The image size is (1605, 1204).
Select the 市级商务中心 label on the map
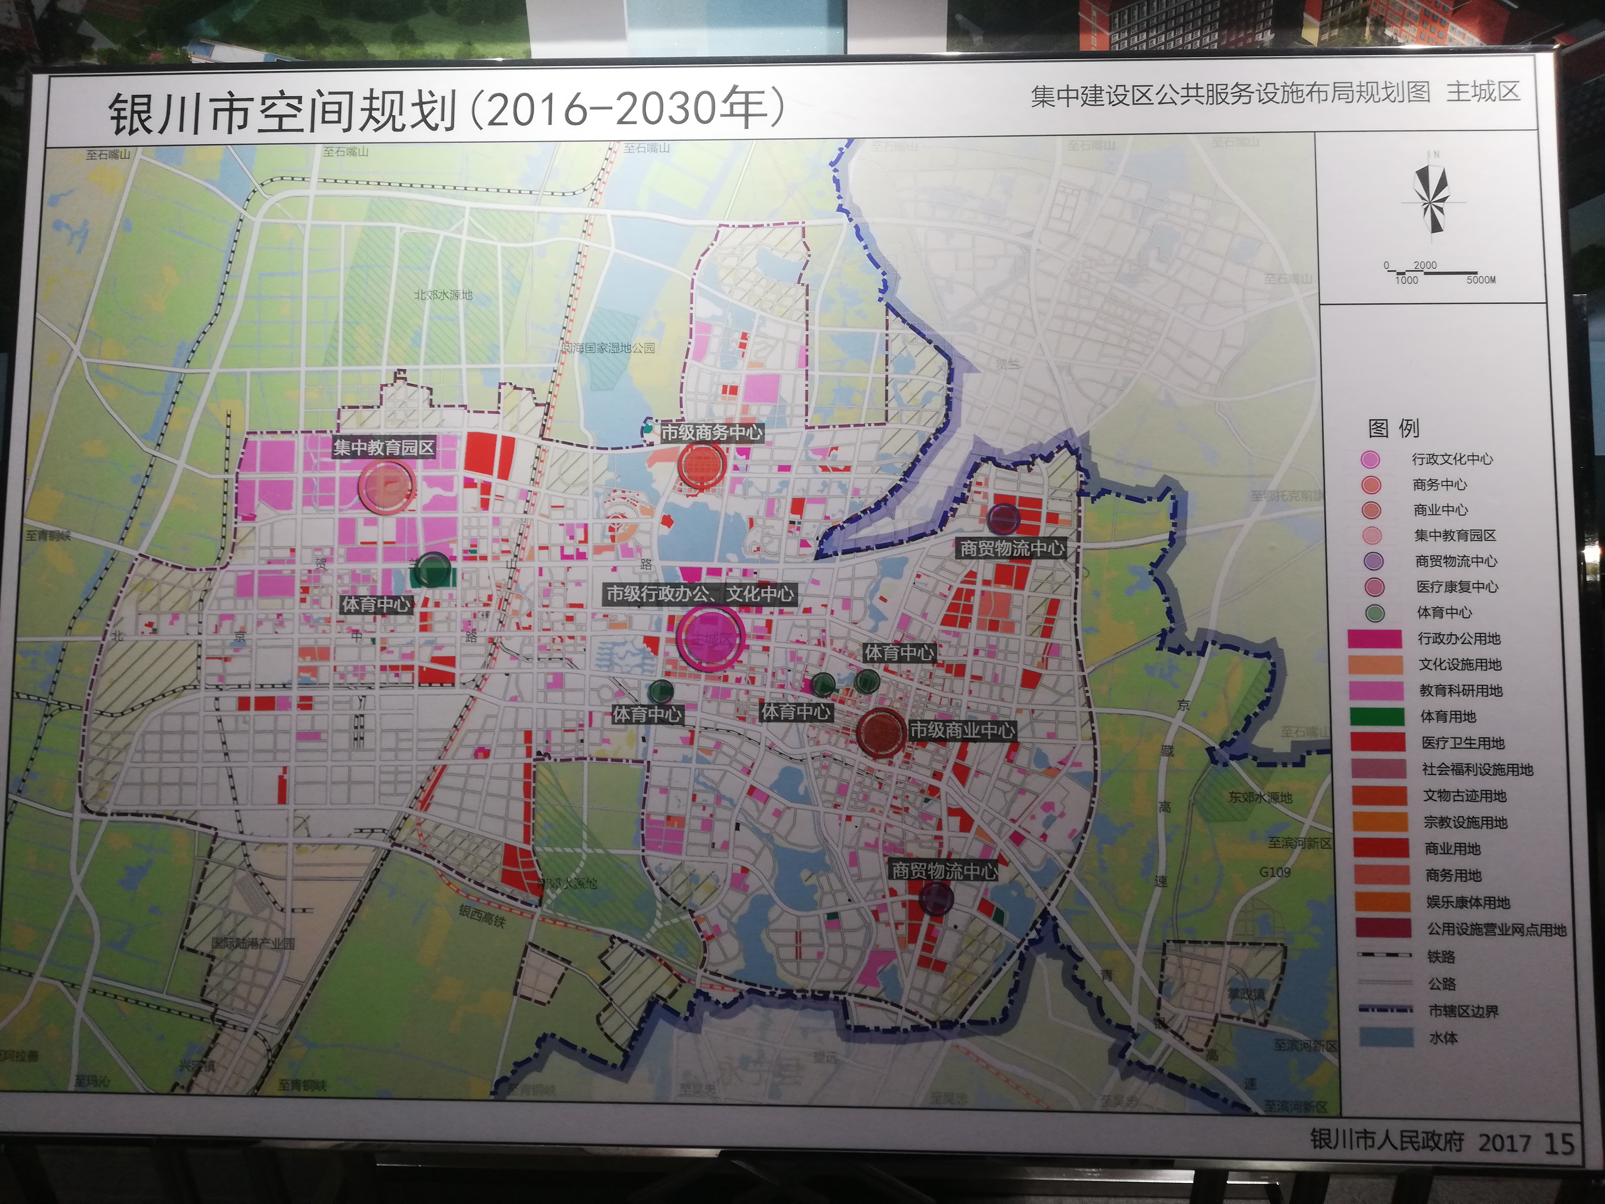click(711, 433)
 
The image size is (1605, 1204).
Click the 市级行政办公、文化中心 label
click(700, 594)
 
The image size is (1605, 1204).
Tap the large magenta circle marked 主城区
click(710, 637)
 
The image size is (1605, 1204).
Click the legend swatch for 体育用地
click(1377, 716)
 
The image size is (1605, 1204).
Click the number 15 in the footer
click(1559, 1144)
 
